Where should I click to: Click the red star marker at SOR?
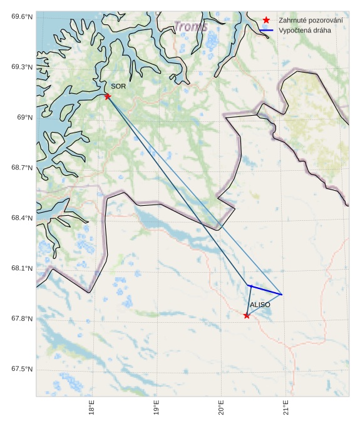pos(108,96)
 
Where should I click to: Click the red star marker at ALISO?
pos(247,315)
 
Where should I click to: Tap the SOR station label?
pos(119,86)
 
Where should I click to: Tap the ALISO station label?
pos(260,304)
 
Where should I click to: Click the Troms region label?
pos(190,27)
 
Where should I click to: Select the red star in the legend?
pos(267,20)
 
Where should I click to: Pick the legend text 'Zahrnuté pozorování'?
pos(311,20)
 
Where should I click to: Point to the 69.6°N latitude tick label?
pos(22,16)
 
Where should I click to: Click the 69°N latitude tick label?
pos(24,117)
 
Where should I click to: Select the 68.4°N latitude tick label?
pos(22,218)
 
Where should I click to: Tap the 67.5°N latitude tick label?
pos(22,369)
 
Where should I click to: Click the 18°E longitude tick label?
pos(92,408)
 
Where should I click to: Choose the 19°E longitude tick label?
pos(157,408)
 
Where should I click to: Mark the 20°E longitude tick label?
pos(221,408)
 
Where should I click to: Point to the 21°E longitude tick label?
pos(285,408)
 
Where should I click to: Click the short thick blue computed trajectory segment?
pos(265,290)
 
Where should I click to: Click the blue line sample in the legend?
pos(267,30)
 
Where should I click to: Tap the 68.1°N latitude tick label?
pos(22,268)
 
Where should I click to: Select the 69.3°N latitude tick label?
pos(22,66)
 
